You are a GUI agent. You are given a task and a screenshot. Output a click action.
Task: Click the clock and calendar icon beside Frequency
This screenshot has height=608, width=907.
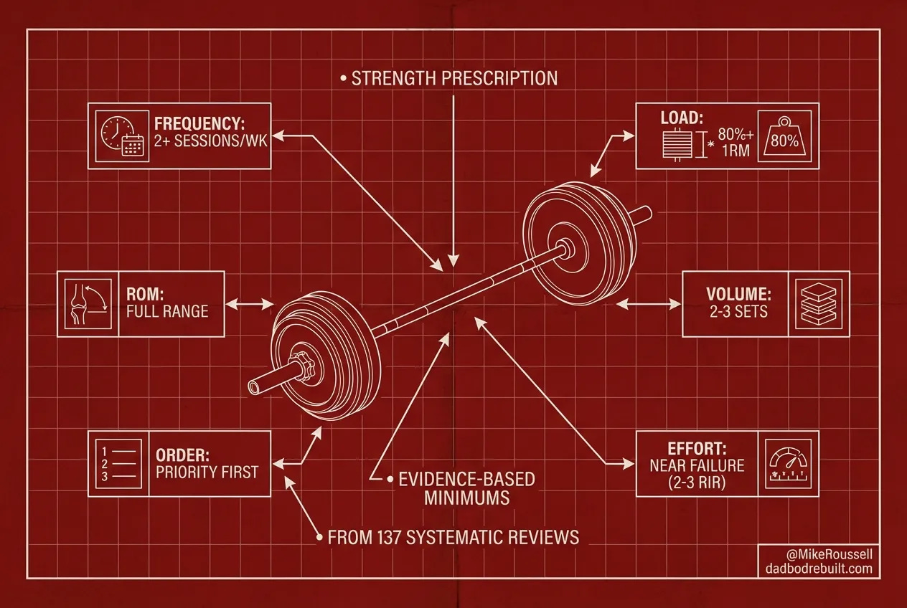pyautogui.click(x=118, y=136)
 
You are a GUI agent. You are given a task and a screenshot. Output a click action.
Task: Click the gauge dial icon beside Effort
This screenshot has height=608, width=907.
pyautogui.click(x=788, y=464)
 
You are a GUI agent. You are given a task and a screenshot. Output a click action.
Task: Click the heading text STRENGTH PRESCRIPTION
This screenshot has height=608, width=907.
pyautogui.click(x=454, y=78)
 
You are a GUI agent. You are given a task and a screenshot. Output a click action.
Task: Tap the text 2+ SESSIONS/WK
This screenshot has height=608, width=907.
pyautogui.click(x=211, y=141)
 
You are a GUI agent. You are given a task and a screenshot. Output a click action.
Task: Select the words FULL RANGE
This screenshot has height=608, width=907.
pyautogui.click(x=167, y=311)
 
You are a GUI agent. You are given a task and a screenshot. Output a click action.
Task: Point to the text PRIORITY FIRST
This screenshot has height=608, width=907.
pyautogui.click(x=207, y=472)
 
